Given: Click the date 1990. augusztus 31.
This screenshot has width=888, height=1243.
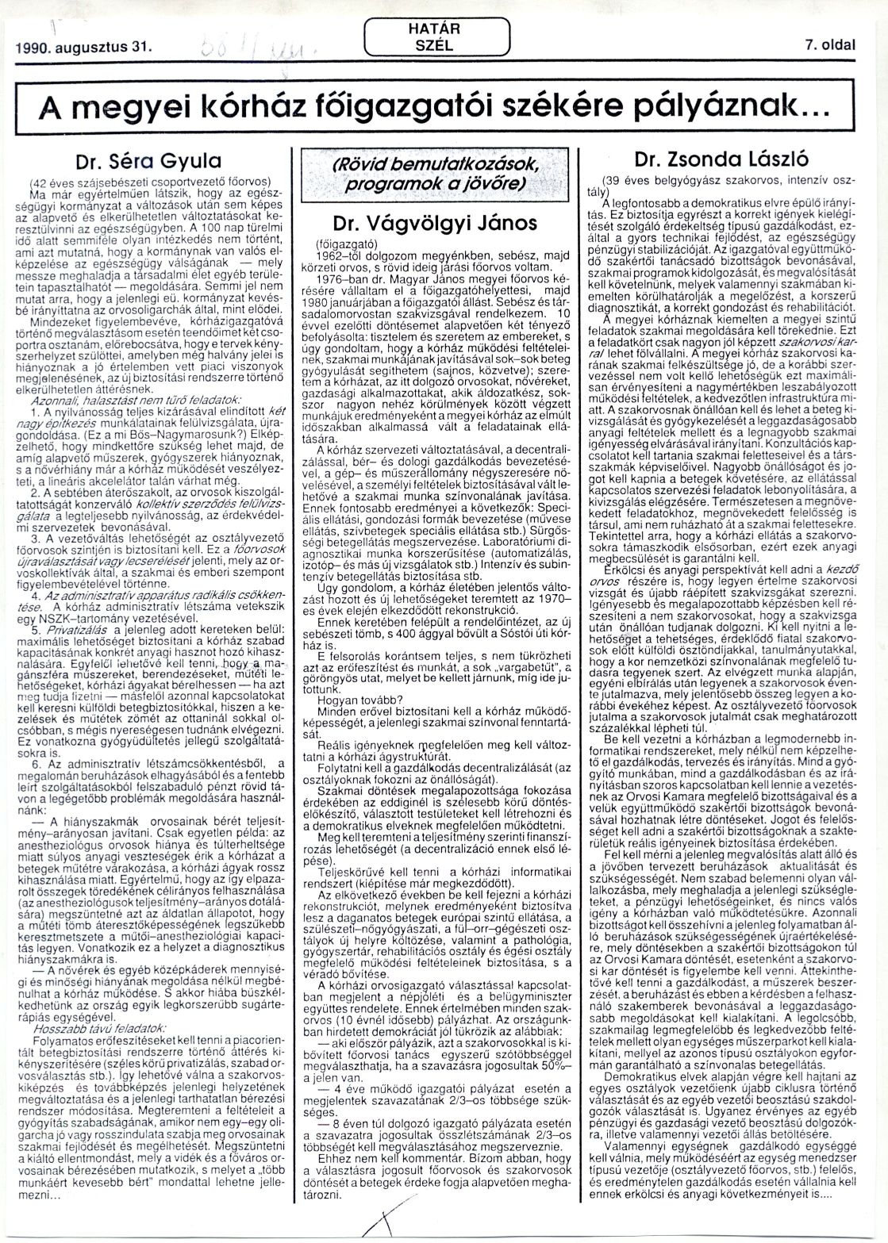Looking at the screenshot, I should [x=88, y=46].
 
